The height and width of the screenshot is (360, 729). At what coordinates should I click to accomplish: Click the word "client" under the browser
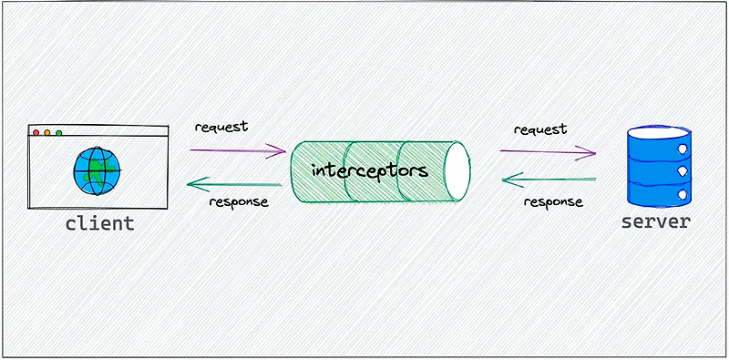(x=99, y=223)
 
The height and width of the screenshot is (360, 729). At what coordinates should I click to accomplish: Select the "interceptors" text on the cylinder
(x=369, y=170)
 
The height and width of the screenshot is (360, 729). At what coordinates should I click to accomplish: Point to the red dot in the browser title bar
(x=36, y=133)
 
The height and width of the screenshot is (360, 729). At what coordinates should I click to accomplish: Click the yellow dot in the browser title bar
(x=47, y=133)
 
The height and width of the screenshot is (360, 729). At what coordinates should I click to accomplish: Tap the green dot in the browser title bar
(x=58, y=133)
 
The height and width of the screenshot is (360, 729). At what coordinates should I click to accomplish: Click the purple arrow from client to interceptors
(x=240, y=151)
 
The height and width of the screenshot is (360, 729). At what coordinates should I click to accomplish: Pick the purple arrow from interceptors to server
(x=547, y=151)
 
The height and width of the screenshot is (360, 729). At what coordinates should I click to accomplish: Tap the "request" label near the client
(x=221, y=126)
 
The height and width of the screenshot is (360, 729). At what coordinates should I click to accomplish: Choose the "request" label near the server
(x=539, y=129)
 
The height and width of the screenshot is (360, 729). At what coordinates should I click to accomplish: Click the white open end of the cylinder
(x=457, y=171)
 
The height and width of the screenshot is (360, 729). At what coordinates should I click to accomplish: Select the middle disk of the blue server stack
(x=656, y=169)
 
